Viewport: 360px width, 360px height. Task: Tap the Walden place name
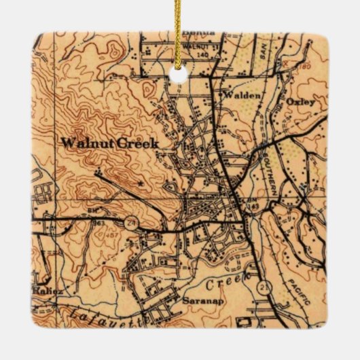point(241,96)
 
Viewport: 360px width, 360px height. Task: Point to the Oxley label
point(301,101)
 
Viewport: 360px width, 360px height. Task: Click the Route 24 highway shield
point(129,219)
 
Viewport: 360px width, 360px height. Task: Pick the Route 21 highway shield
point(261,289)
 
